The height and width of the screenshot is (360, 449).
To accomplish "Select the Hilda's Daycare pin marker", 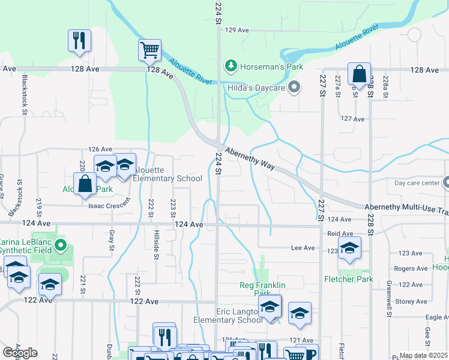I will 294,88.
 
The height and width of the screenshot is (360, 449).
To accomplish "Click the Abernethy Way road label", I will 250,158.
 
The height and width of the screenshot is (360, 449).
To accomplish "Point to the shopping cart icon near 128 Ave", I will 149,50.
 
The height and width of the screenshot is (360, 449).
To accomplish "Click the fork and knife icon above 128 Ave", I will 79,40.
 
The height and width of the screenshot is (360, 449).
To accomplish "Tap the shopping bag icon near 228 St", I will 359,74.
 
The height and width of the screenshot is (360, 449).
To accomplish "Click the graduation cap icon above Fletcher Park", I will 349,248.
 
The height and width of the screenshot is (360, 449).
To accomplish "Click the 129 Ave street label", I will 237,30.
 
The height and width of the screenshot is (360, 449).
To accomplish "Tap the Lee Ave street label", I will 303,247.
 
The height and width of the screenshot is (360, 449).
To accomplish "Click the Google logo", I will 20,353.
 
